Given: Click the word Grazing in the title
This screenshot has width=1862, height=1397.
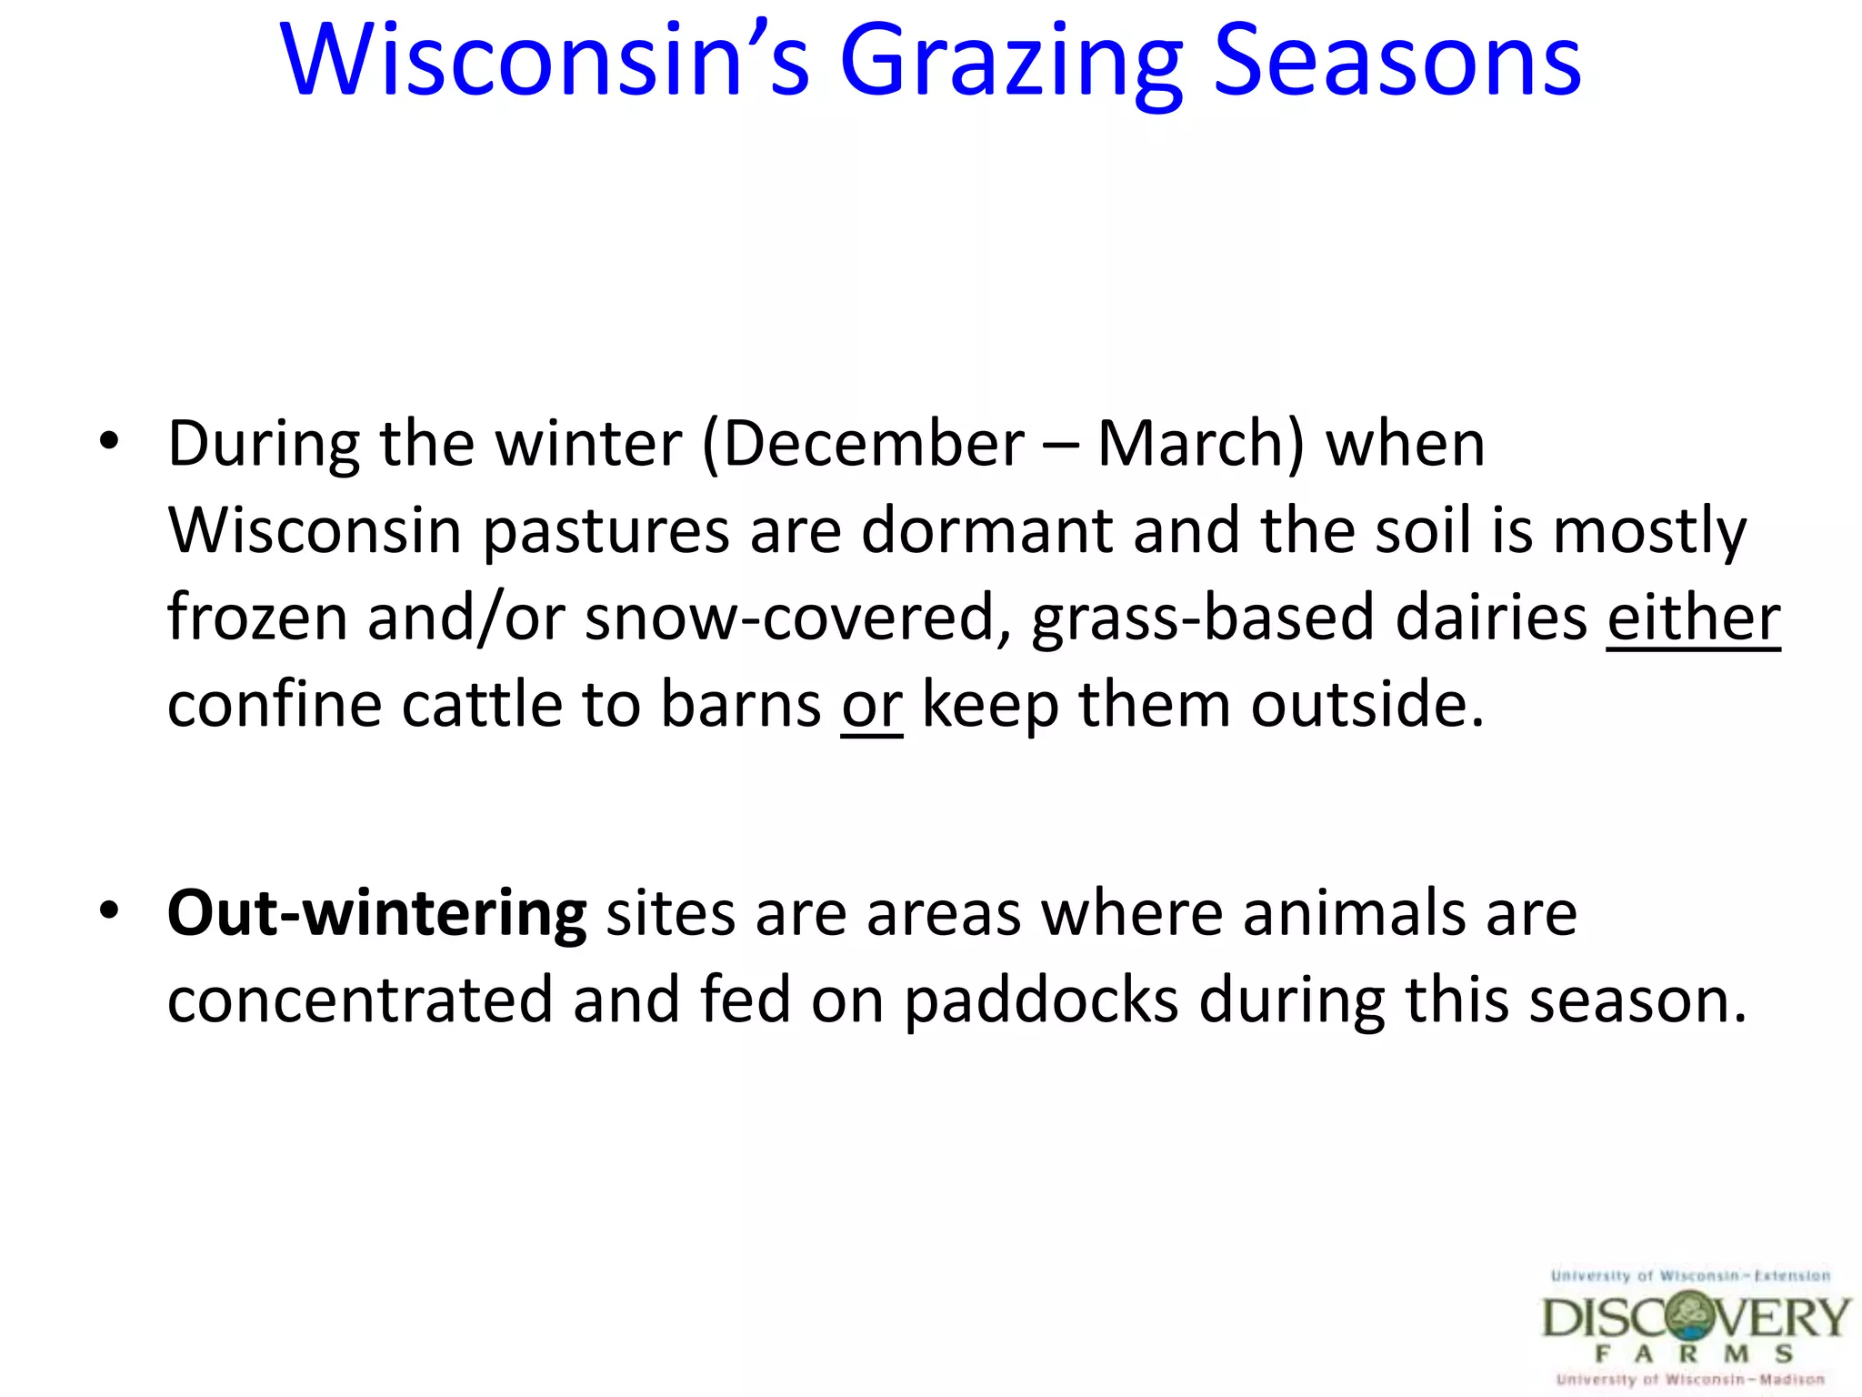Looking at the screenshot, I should point(1011,62).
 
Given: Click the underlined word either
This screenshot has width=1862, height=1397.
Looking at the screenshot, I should point(1692,618).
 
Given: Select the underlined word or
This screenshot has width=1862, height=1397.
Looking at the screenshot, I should point(871,705).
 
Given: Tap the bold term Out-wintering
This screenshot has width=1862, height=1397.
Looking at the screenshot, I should point(376,913).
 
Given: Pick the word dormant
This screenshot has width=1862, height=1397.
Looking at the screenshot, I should point(986,530).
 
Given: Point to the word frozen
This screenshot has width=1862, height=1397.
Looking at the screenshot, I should point(257,618).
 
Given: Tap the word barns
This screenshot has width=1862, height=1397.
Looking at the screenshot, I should point(740,705).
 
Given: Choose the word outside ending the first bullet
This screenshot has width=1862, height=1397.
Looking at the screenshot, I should point(1366,705).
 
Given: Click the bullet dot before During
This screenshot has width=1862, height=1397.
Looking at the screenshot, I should point(109,442).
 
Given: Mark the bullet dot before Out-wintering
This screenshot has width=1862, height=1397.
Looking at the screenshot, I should point(109,910).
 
